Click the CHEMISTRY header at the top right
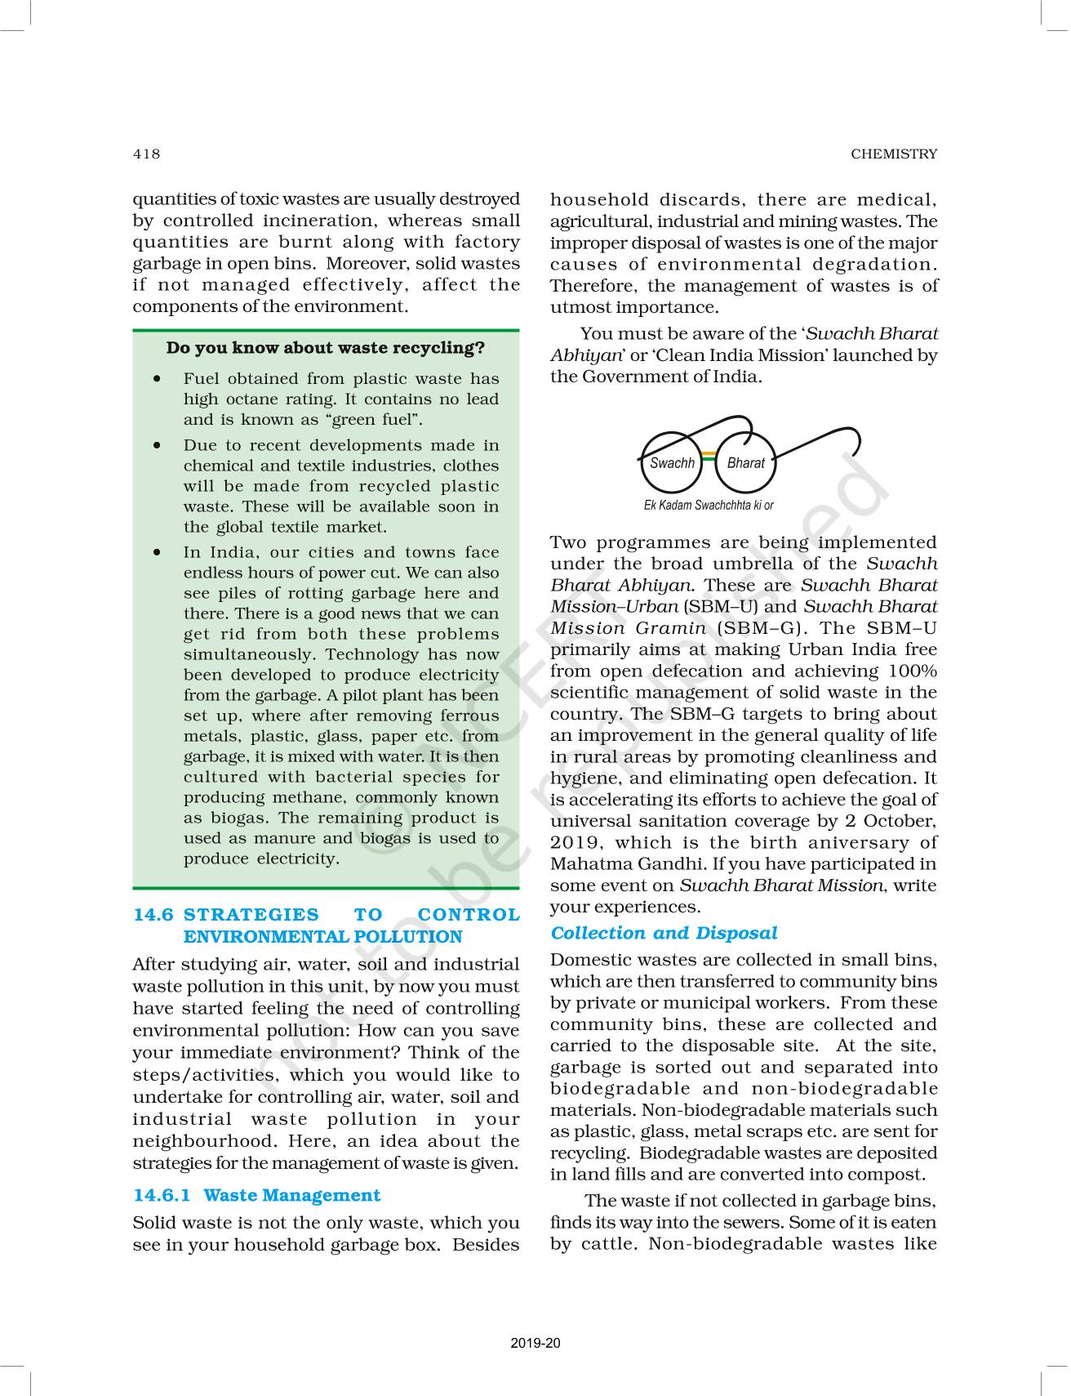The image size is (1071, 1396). [x=894, y=154]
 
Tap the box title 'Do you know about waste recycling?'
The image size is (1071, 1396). [x=325, y=348]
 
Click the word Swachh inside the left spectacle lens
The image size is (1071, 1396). [x=672, y=462]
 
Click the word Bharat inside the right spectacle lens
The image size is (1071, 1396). [x=745, y=462]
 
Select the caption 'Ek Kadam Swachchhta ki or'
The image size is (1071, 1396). [x=709, y=505]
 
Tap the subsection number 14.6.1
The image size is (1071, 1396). [x=162, y=1195]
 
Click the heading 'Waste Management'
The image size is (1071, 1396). [x=291, y=1195]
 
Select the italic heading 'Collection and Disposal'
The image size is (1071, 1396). [x=664, y=933]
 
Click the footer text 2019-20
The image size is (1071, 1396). [x=535, y=1344]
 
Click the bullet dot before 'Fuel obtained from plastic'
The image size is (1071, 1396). [x=156, y=379]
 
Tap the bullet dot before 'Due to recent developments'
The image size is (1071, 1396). [x=156, y=446]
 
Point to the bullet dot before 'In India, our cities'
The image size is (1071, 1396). [x=156, y=553]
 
